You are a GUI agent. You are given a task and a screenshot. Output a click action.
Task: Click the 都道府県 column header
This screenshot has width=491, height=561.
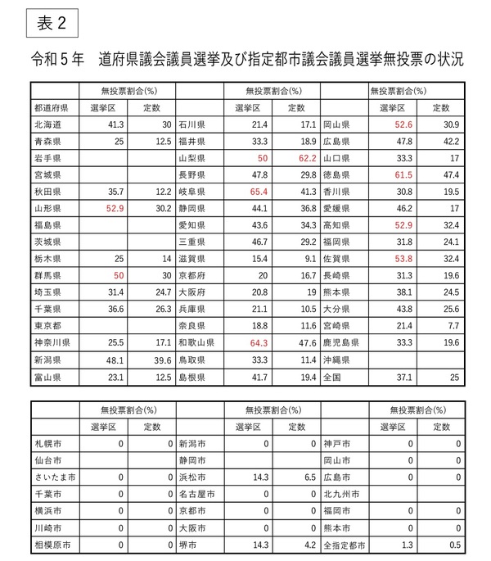51,107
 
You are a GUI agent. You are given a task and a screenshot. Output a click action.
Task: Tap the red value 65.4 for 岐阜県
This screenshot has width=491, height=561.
259,191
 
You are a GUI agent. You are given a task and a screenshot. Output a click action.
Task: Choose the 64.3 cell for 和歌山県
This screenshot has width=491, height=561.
259,343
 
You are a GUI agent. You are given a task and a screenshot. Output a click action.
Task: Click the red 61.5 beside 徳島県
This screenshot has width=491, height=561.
403,174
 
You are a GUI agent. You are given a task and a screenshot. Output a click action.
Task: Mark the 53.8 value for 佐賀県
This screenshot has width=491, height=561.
403,259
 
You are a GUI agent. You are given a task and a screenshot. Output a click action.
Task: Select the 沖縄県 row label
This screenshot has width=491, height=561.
340,360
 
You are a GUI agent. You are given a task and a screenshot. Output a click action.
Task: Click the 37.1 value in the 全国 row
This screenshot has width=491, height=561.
403,377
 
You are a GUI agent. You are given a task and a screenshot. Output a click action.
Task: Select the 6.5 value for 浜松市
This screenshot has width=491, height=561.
308,477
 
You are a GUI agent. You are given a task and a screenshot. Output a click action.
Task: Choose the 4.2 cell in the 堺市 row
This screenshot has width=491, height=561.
308,544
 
